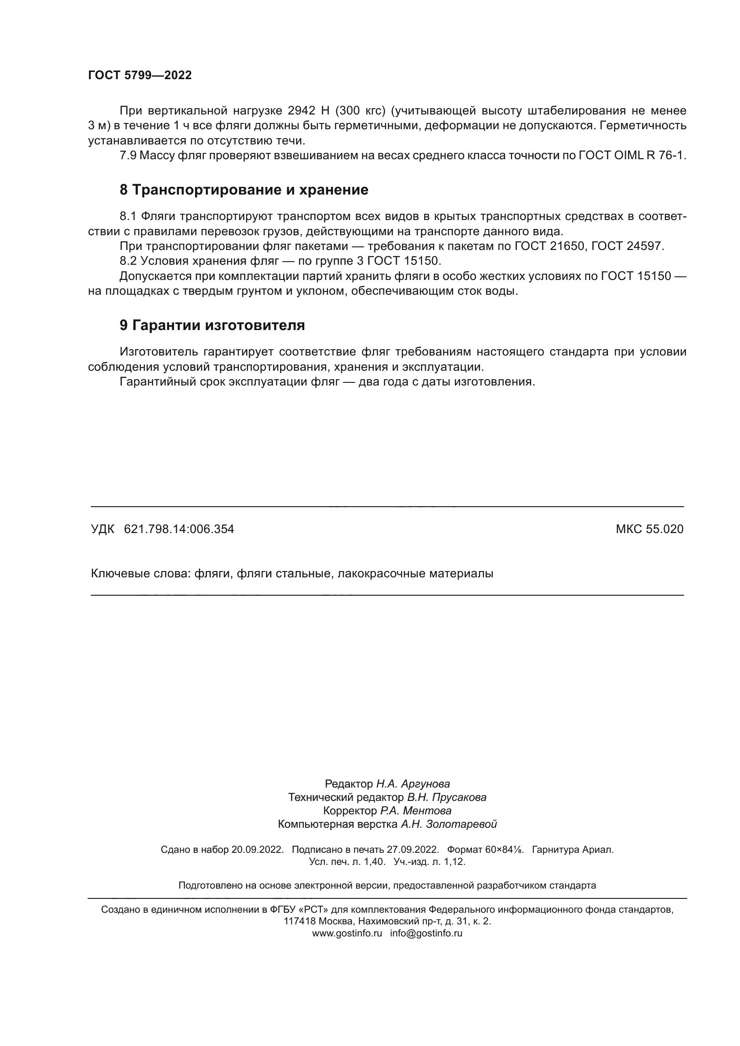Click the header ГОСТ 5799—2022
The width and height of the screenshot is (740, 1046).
(x=140, y=75)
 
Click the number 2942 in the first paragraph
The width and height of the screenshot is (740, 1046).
(x=302, y=111)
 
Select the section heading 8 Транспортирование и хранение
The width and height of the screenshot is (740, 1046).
(x=244, y=190)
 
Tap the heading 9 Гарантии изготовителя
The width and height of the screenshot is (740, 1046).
(x=212, y=325)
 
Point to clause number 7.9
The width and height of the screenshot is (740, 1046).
(x=128, y=155)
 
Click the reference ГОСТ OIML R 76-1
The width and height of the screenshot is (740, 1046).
(x=632, y=155)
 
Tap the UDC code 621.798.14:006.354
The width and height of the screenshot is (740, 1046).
(x=179, y=529)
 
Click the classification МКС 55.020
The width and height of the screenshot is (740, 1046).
(x=649, y=529)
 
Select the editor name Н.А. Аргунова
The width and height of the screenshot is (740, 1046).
(x=413, y=784)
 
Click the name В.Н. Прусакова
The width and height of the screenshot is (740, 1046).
(x=447, y=797)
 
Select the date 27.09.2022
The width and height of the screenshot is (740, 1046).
(x=413, y=850)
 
